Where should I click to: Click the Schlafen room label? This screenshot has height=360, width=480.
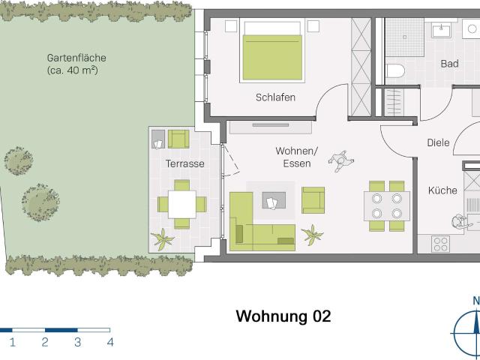tap(275, 97)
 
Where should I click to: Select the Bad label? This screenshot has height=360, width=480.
tap(449, 64)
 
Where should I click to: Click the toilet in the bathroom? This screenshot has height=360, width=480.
tap(395, 72)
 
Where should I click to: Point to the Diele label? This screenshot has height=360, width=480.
tap(438, 142)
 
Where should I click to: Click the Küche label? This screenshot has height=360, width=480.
tap(442, 190)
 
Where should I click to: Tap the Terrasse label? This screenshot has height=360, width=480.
tap(184, 163)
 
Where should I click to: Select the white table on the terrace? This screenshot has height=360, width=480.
tap(181, 203)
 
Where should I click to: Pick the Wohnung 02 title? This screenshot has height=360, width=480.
tap(283, 316)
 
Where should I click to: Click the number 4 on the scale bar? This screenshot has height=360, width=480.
tap(110, 343)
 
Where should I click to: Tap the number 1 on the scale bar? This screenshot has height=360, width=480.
tap(12, 343)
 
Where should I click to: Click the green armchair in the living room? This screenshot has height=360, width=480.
tap(313, 199)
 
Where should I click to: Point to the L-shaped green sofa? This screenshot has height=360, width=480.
tap(255, 225)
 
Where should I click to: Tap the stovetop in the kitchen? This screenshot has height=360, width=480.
tap(441, 243)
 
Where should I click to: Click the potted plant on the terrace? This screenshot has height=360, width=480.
tap(163, 239)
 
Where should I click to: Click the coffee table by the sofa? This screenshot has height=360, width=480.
tap(272, 201)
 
